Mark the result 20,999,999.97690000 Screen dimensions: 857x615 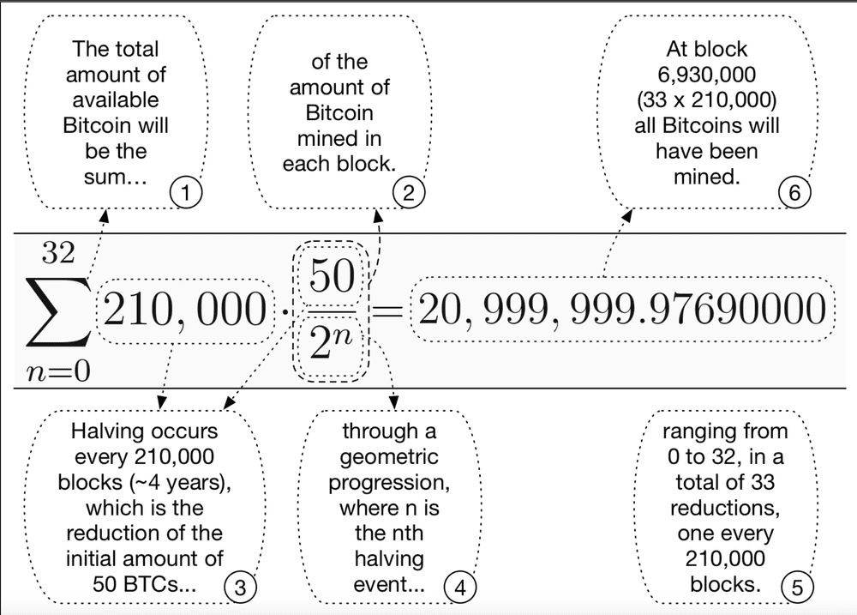pos(622,311)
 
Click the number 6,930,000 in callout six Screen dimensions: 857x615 pos(707,74)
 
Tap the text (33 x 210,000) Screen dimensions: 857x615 pos(707,99)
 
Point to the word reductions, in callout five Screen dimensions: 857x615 pos(725,508)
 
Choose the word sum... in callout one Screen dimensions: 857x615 pos(116,177)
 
